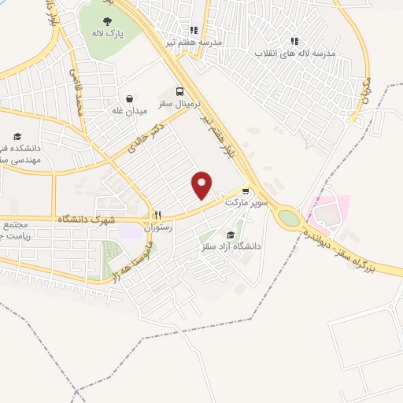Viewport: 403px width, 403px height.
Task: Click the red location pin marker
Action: tap(202, 186)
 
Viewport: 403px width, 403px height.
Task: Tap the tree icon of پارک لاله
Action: tap(107, 22)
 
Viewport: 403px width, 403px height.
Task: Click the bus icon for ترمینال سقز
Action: tap(180, 91)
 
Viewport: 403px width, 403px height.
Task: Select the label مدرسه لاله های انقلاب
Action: tap(294, 54)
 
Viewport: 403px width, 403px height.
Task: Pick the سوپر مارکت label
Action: tap(247, 202)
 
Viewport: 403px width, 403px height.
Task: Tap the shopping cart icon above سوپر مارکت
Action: tap(246, 190)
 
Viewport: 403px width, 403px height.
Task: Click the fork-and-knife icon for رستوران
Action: tap(157, 214)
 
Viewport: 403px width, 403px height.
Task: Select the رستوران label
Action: tap(157, 227)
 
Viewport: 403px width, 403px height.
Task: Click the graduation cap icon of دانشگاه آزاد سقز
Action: tap(230, 235)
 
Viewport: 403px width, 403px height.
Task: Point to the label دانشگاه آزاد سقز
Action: tap(232, 247)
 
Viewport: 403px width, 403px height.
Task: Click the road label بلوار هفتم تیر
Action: tap(220, 128)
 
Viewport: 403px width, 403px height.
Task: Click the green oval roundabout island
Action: tap(290, 218)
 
